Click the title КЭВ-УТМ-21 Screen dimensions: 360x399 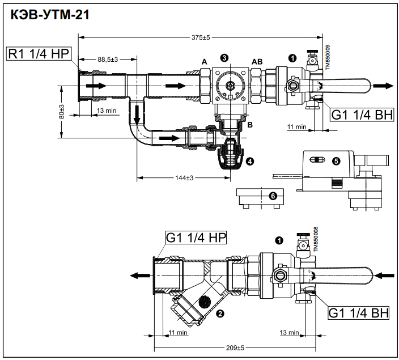click(48, 15)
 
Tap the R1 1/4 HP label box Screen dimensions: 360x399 click(38, 54)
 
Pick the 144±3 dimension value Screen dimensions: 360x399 click(184, 178)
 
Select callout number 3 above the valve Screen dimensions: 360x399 click(225, 58)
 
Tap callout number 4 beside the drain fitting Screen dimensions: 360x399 click(250, 161)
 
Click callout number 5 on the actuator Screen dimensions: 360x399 click(336, 161)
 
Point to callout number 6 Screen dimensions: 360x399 click(273, 196)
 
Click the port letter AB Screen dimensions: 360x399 click(257, 61)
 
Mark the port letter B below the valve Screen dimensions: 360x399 click(250, 124)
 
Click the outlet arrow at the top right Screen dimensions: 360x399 click(384, 86)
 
